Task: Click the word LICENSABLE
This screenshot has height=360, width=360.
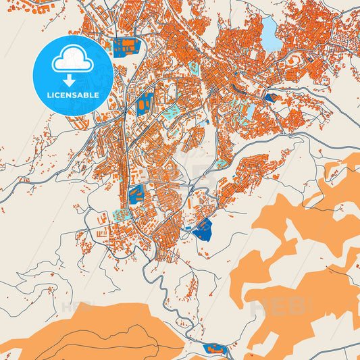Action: (x=72, y=95)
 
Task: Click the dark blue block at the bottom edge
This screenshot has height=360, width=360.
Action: (x=214, y=349)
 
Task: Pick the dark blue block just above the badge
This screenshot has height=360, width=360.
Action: (x=126, y=46)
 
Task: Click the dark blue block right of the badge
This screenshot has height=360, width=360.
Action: (x=144, y=105)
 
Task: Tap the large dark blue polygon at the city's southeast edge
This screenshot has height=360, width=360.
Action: (x=202, y=230)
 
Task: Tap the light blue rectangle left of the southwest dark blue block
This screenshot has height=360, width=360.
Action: (x=122, y=214)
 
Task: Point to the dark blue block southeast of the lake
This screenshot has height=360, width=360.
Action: (x=270, y=98)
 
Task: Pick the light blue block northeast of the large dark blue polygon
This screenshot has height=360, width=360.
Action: (x=222, y=163)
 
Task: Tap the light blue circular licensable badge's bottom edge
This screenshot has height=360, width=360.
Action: (x=72, y=114)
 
